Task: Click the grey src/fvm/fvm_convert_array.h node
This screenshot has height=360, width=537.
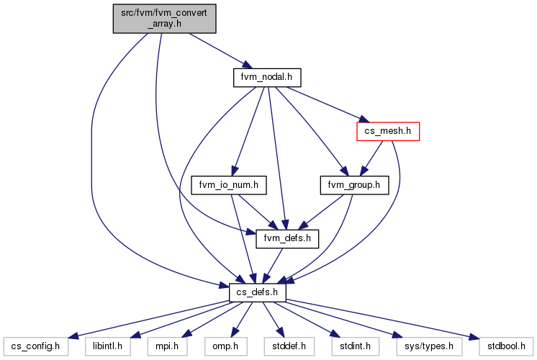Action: (x=164, y=19)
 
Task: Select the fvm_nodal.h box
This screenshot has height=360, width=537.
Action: (x=267, y=78)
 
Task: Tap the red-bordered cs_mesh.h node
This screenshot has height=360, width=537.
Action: (x=388, y=131)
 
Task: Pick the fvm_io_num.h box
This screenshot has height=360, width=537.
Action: (x=229, y=185)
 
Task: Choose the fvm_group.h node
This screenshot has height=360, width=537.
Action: (x=354, y=185)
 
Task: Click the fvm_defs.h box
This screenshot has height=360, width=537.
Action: (x=287, y=239)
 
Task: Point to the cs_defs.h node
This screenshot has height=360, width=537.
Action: (x=258, y=293)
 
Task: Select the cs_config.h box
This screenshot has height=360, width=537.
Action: (x=35, y=346)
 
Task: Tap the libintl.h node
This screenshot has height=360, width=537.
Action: (x=108, y=346)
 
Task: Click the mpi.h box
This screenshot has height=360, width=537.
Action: (x=168, y=346)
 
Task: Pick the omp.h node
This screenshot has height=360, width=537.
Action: (x=226, y=346)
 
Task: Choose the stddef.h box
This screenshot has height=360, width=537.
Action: (x=289, y=346)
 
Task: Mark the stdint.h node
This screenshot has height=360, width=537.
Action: (x=356, y=346)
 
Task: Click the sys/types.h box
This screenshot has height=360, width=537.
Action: (x=429, y=346)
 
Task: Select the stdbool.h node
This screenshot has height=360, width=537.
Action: (x=507, y=346)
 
